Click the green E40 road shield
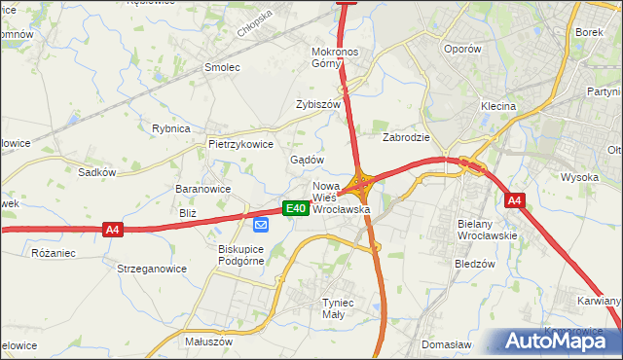[x=296, y=208]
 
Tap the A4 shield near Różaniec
[x=113, y=230]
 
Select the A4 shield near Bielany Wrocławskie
[x=516, y=200]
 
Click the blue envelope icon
[x=261, y=225]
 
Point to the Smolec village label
[x=221, y=67]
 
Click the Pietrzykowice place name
[x=240, y=143]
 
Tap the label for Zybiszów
[x=318, y=104]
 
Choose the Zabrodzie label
[x=406, y=137]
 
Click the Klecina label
[x=497, y=105]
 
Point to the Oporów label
[x=461, y=49]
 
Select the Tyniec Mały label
[x=342, y=308]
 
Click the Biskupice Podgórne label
[x=236, y=254]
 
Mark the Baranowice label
[x=202, y=189]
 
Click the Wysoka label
[x=579, y=177]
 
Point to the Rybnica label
[x=171, y=128]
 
